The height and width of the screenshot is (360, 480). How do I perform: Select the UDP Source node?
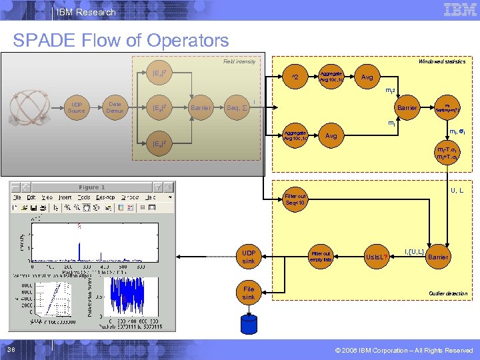77,107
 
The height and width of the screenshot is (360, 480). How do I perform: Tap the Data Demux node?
115,107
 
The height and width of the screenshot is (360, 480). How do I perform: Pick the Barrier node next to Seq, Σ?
200,107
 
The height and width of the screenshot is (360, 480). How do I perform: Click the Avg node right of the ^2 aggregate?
367,77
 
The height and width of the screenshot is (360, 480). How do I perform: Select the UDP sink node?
249,257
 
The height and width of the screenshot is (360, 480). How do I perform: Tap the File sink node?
249,293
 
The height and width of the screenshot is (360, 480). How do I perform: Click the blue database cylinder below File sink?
249,323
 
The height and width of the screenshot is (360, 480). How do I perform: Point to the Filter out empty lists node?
321,257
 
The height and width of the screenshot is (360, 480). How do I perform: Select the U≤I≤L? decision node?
377,257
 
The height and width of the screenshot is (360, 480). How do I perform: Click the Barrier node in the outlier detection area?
438,257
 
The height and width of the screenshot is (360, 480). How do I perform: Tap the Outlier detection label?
448,293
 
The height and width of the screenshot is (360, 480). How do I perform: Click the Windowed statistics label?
441,61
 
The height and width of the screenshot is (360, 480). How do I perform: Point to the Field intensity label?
239,61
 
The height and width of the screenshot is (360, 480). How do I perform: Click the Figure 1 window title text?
91,187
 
